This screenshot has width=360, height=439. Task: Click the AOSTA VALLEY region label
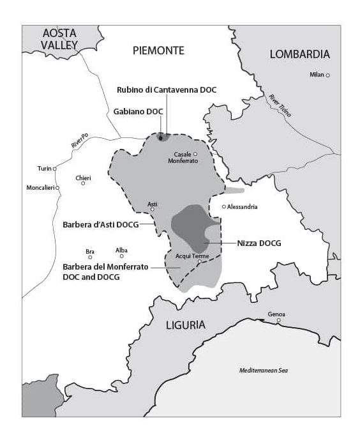pyautogui.click(x=59, y=39)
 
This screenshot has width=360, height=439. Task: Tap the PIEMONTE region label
pyautogui.click(x=158, y=50)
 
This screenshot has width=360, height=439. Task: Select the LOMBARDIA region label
pyautogui.click(x=299, y=54)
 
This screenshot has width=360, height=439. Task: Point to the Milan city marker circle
pyautogui.click(x=328, y=75)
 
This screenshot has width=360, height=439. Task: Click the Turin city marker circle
pyautogui.click(x=55, y=169)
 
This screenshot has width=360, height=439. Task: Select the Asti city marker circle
pyautogui.click(x=153, y=209)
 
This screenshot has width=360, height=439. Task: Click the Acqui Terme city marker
pyautogui.click(x=199, y=261)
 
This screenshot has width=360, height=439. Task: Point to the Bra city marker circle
pyautogui.click(x=90, y=258)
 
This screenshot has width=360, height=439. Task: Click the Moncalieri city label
pyautogui.click(x=38, y=188)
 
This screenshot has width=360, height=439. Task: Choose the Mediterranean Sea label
pyautogui.click(x=264, y=370)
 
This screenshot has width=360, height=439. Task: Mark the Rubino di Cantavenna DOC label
pyautogui.click(x=167, y=89)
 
